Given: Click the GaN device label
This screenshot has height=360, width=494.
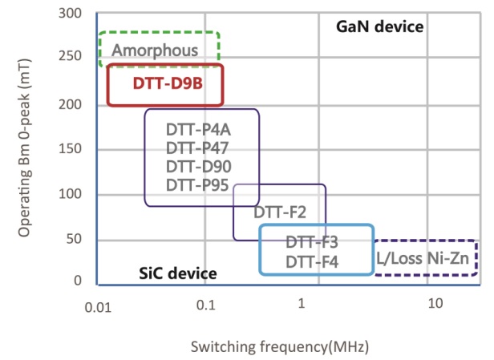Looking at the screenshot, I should tap(380, 26).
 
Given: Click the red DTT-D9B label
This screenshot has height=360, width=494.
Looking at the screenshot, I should tap(164, 83).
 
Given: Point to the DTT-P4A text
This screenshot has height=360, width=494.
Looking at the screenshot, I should tap(202, 130).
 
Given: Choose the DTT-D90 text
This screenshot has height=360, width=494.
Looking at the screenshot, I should tap(202, 167).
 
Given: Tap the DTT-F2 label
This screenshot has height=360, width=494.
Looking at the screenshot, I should tap(280, 213).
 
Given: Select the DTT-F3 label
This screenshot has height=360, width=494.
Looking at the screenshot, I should tap(313, 242).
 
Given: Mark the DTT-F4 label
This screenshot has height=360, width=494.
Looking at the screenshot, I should tap(313, 261).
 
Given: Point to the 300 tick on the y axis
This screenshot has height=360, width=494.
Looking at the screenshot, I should tap(73, 14).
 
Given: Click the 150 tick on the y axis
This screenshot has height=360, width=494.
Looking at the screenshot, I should tap(73, 149).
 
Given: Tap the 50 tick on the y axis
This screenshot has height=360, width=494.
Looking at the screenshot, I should tap(77, 240).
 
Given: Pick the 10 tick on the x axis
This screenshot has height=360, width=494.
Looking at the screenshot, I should tap(435, 305).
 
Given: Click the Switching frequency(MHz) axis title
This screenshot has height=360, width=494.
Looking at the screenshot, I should tap(279, 346).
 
